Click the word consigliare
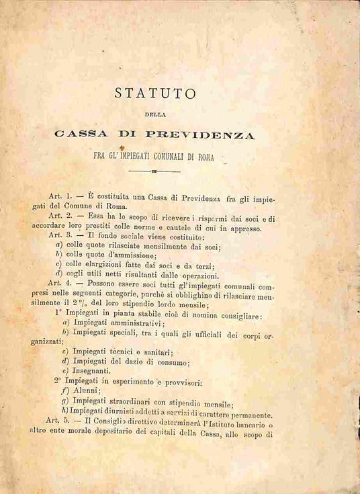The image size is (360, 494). click(236, 314)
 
